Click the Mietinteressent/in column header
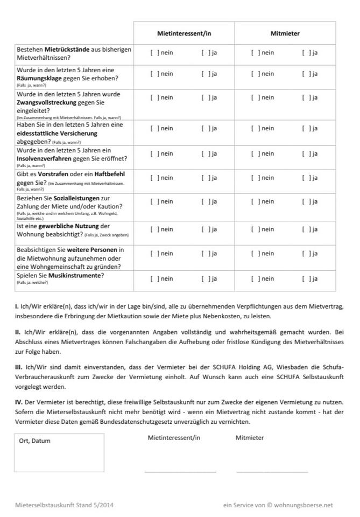pyautogui.click(x=184, y=33)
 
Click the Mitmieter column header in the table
pyautogui.click(x=285, y=33)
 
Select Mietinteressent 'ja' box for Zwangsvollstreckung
pyautogui.click(x=205, y=97)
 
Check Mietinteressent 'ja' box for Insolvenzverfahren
pyautogui.click(x=205, y=153)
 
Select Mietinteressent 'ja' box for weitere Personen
pyautogui.click(x=205, y=253)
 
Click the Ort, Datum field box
pyautogui.click(x=59, y=453)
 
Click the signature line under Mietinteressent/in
pyautogui.click(x=180, y=472)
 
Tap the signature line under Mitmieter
pyautogui.click(x=272, y=472)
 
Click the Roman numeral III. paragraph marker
pyautogui.click(x=18, y=367)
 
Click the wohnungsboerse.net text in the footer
pyautogui.click(x=304, y=505)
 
